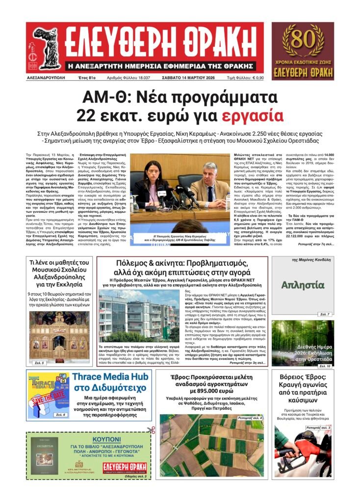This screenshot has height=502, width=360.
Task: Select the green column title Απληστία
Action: pyautogui.click(x=303, y=285)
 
